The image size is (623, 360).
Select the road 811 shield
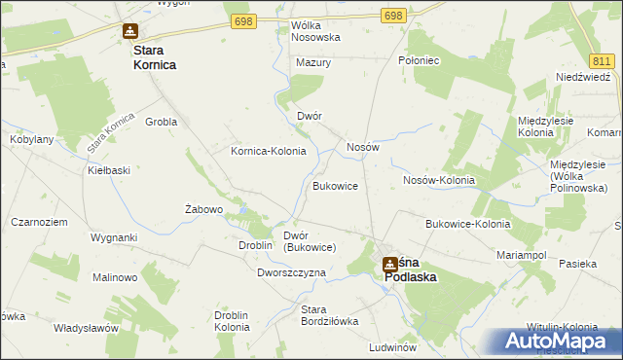coord(604,60)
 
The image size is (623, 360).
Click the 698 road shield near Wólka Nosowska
coord(243,20)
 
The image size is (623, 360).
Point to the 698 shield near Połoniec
coord(392,17)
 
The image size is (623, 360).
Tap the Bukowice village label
coord(335,185)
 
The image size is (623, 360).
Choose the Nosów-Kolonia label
coord(438,180)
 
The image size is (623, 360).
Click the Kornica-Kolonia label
coord(268,151)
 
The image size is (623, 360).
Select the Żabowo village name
coord(204,209)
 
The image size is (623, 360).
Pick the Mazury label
coord(313,62)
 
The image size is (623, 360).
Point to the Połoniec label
coord(420,60)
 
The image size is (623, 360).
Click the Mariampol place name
coord(523,254)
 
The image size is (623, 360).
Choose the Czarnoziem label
coord(39,222)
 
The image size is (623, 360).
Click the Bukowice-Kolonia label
coord(467,224)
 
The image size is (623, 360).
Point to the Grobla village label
coord(161,123)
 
